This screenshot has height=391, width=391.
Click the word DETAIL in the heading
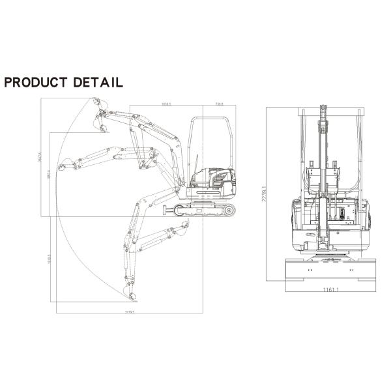coord(98,82)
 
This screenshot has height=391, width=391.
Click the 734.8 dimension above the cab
coord(220,104)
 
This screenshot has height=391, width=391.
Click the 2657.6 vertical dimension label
coord(39,158)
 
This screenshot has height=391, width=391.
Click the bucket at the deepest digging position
coord(132,297)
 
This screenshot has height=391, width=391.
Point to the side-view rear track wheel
coord(228,210)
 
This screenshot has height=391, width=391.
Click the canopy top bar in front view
coord(330,111)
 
